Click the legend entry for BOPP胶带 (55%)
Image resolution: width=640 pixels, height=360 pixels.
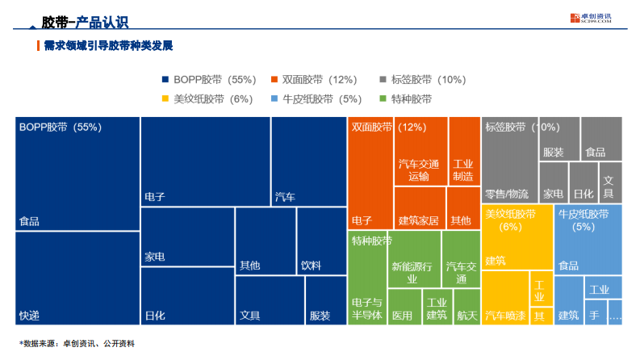click(x=209, y=80)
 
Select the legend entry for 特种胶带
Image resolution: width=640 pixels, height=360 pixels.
click(x=405, y=99)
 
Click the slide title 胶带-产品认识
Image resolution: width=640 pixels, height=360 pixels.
click(x=85, y=23)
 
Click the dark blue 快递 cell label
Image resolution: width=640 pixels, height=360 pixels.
click(x=30, y=315)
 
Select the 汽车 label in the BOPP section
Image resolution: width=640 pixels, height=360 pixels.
click(x=285, y=196)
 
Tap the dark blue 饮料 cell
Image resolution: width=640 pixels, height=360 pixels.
click(x=311, y=265)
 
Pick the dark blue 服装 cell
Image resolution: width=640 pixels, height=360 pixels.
click(x=320, y=315)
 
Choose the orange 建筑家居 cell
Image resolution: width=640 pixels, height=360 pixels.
click(x=419, y=220)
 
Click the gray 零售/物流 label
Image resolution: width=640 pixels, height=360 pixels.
click(x=507, y=195)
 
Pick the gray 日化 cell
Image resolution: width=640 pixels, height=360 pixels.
click(x=583, y=195)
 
